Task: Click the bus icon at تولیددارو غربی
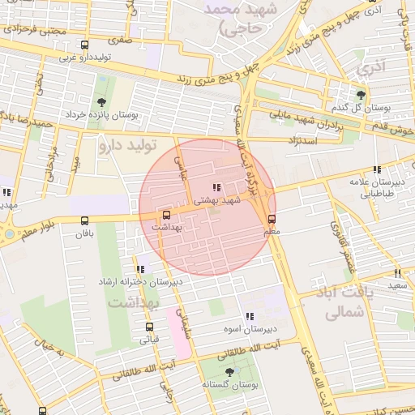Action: pyautogui.click(x=85, y=45)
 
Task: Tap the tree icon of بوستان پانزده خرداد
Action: pyautogui.click(x=101, y=102)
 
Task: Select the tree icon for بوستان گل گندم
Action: pyautogui.click(x=361, y=94)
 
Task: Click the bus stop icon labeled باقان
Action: pyautogui.click(x=85, y=220)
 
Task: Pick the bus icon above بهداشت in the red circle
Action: pyautogui.click(x=166, y=215)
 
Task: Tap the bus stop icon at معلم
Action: pyautogui.click(x=272, y=218)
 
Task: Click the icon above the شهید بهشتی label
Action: pyautogui.click(x=215, y=187)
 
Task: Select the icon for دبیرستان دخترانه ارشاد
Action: pyautogui.click(x=140, y=269)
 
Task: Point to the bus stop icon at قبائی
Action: pyautogui.click(x=149, y=327)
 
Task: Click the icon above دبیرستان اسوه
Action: pyautogui.click(x=249, y=316)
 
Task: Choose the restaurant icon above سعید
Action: pyautogui.click(x=396, y=273)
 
